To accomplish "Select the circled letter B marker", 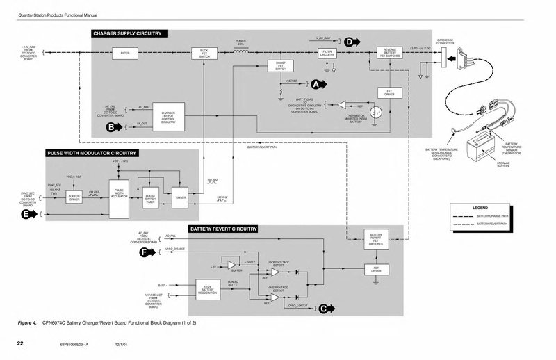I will click(x=109, y=127).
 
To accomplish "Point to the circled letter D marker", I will click(x=349, y=42).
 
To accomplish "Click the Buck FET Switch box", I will click(x=204, y=53).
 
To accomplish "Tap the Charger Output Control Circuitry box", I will click(x=167, y=116).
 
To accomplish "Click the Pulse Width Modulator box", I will click(x=118, y=193).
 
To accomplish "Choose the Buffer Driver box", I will click(x=75, y=197).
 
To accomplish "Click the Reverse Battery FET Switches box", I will click(x=389, y=53).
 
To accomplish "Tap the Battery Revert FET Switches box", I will click(x=375, y=239).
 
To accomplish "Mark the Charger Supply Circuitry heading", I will click(x=127, y=33).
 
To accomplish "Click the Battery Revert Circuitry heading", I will click(x=223, y=229).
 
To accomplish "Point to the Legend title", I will click(x=481, y=208).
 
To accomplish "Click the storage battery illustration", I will click(x=482, y=149).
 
